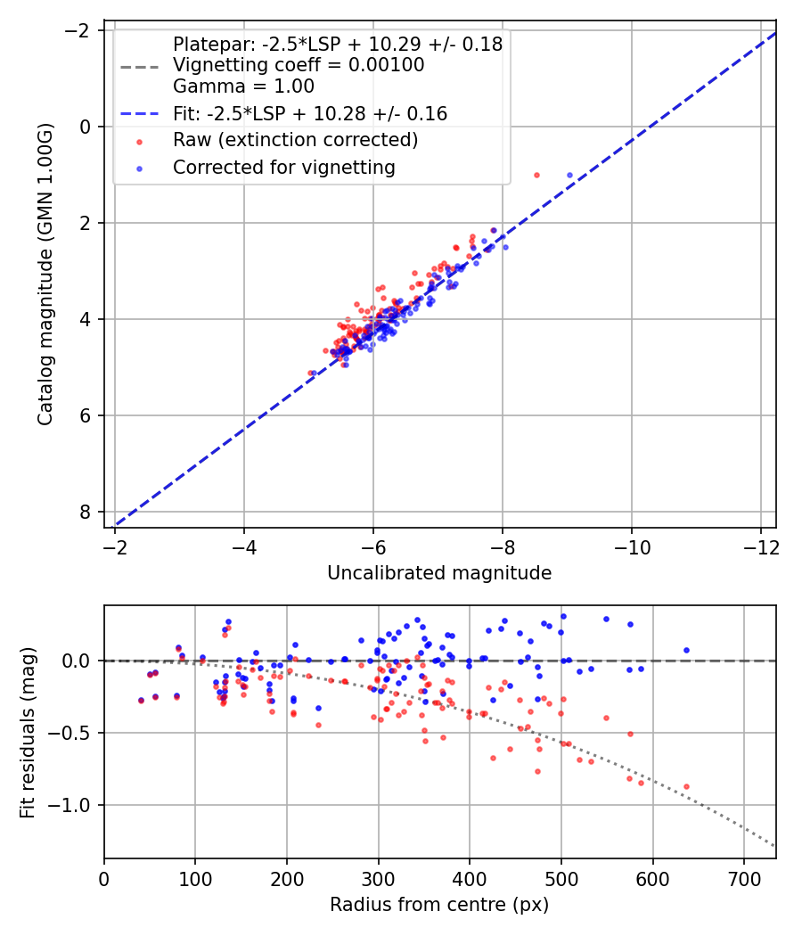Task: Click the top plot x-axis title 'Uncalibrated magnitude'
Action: [439, 573]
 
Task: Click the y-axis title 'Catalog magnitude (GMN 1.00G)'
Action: [45, 274]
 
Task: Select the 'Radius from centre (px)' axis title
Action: [439, 905]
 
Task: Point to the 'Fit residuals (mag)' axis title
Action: [28, 732]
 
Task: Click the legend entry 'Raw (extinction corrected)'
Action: [295, 140]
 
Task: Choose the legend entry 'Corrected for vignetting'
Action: [284, 167]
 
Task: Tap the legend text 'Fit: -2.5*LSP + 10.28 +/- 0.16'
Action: [310, 114]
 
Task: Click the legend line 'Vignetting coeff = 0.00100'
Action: [299, 65]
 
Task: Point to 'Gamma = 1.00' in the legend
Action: [243, 86]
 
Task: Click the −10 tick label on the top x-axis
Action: [631, 546]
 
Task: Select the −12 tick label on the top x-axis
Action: [760, 546]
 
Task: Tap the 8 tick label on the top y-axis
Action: [86, 512]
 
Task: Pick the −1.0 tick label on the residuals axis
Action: [74, 805]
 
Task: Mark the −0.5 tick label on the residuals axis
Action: [74, 733]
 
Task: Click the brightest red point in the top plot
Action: [536, 175]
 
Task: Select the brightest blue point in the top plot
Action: [569, 175]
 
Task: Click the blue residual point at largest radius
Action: [686, 651]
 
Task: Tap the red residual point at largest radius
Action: [686, 787]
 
